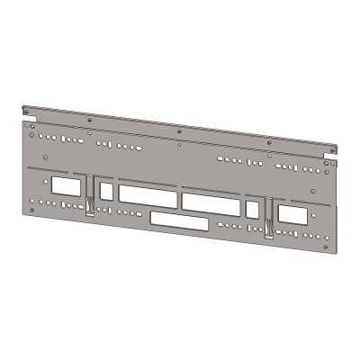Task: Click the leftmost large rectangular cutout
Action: pyautogui.click(x=66, y=187)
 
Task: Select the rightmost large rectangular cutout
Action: pyautogui.click(x=292, y=215)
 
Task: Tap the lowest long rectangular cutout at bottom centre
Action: pyautogui.click(x=178, y=219)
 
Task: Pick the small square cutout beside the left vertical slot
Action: pyautogui.click(x=107, y=191)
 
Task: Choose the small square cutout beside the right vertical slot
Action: pyautogui.click(x=252, y=210)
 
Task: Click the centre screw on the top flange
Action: pyautogui.click(x=180, y=130)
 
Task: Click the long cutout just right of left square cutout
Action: pyautogui.click(x=148, y=194)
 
